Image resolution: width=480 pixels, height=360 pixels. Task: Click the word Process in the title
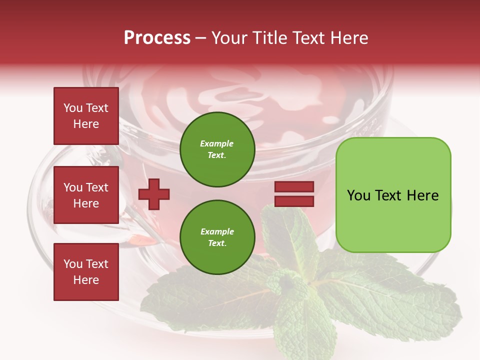[x=157, y=38]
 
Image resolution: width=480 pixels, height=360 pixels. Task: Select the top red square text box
[x=86, y=116]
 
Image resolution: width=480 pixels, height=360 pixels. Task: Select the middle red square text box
[x=86, y=195]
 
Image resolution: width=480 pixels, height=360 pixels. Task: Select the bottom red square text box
[x=86, y=272]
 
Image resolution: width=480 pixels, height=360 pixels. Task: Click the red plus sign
[x=154, y=194]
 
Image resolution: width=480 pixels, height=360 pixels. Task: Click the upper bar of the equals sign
[x=294, y=187]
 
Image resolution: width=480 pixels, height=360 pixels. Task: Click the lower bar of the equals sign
[x=294, y=201]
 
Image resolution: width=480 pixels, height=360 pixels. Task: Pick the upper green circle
[x=217, y=149]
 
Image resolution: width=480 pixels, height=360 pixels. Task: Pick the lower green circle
[x=217, y=237]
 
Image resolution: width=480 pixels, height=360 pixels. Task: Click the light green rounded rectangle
[x=393, y=195]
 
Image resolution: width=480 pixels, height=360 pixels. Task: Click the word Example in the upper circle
[x=216, y=143]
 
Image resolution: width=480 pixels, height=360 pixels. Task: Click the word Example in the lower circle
[x=217, y=231]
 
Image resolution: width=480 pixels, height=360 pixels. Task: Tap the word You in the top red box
[x=72, y=108]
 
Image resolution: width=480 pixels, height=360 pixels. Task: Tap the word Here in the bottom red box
[x=86, y=280]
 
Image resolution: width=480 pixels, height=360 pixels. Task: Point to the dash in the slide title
[x=200, y=38]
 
